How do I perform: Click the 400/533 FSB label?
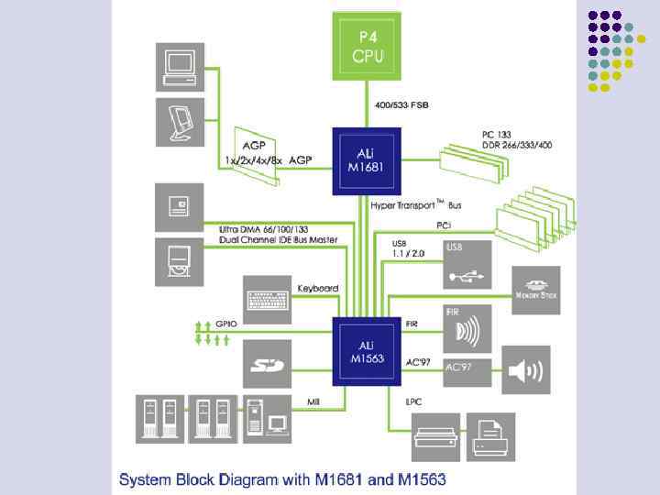[400, 104]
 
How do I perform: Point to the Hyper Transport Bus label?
[416, 205]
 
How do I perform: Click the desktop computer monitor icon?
[180, 65]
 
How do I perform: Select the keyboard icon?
[269, 299]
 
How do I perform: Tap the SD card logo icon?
[269, 364]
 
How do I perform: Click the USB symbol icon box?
[467, 264]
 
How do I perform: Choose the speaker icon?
[525, 369]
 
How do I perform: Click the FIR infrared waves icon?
[467, 328]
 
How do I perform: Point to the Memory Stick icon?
[536, 284]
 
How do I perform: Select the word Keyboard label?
[318, 288]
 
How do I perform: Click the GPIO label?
[227, 324]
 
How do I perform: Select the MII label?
[313, 401]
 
